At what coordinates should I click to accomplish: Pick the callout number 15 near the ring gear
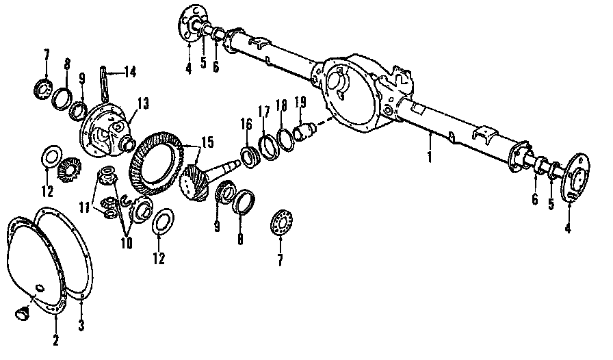tap(206, 142)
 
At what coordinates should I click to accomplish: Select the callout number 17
tap(264, 111)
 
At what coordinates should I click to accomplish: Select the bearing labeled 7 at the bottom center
tap(281, 222)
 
